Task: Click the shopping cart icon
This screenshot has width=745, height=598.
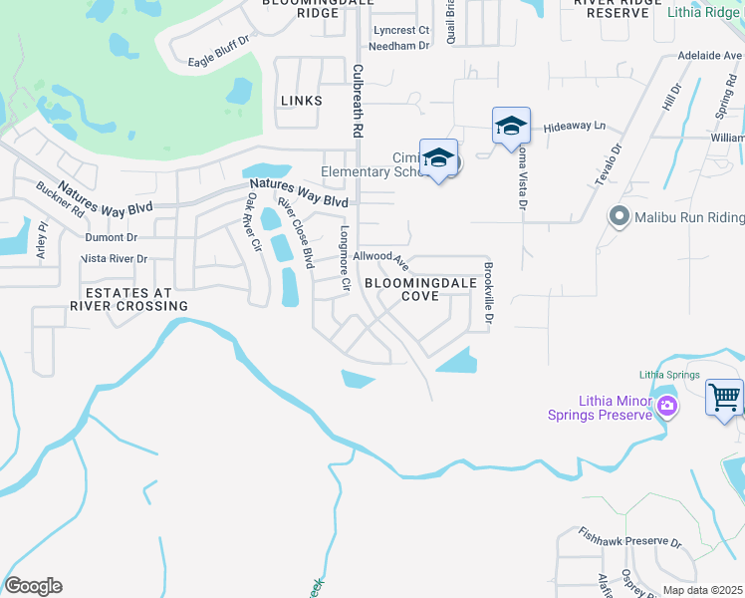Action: pyautogui.click(x=724, y=398)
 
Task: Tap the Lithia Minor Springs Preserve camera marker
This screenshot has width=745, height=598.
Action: pyautogui.click(x=666, y=405)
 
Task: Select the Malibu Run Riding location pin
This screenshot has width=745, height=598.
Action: pyautogui.click(x=618, y=215)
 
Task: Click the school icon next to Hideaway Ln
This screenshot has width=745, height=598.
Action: pyautogui.click(x=511, y=126)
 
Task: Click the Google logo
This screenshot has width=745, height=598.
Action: pyautogui.click(x=33, y=586)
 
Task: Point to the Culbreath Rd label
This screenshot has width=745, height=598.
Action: pyautogui.click(x=357, y=101)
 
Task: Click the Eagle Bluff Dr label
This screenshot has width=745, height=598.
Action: pyautogui.click(x=218, y=62)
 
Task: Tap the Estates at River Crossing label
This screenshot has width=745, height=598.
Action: pyautogui.click(x=124, y=299)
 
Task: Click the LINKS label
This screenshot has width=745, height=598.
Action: pyautogui.click(x=302, y=101)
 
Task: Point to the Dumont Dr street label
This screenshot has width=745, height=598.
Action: pyautogui.click(x=111, y=237)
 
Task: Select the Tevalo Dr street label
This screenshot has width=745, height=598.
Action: pyautogui.click(x=615, y=163)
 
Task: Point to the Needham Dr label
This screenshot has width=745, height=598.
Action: pyautogui.click(x=398, y=45)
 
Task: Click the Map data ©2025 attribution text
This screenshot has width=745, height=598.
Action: pyautogui.click(x=702, y=590)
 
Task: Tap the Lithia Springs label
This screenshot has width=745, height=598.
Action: pyautogui.click(x=664, y=375)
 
